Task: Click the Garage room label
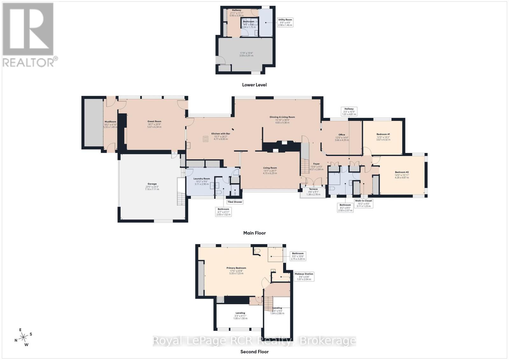point(152,186)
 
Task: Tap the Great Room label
point(154,124)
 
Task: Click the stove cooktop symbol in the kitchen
point(206,139)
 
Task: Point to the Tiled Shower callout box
point(235,202)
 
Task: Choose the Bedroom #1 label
point(383,137)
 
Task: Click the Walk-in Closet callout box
point(364,204)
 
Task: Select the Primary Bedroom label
point(236,271)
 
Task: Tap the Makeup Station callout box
point(304,276)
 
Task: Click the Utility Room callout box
point(285,22)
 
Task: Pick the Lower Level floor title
point(254,85)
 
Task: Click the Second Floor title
point(254,352)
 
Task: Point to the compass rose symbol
point(24,337)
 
